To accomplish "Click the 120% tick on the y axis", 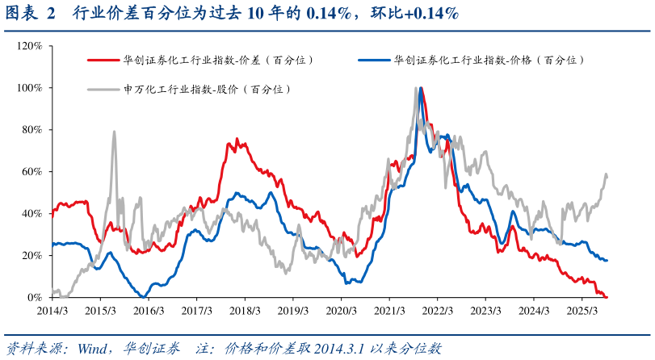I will click(x=31, y=46).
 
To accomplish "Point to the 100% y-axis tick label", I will click(x=31, y=88).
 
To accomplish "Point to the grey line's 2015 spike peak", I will click(x=114, y=132).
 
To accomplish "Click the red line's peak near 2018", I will click(x=236, y=139).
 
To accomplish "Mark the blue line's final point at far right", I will click(x=607, y=260).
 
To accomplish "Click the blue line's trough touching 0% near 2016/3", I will click(x=142, y=296).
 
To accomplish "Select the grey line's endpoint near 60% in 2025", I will click(x=607, y=174).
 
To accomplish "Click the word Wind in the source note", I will click(x=92, y=348).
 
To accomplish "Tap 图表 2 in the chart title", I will click(x=31, y=14).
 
